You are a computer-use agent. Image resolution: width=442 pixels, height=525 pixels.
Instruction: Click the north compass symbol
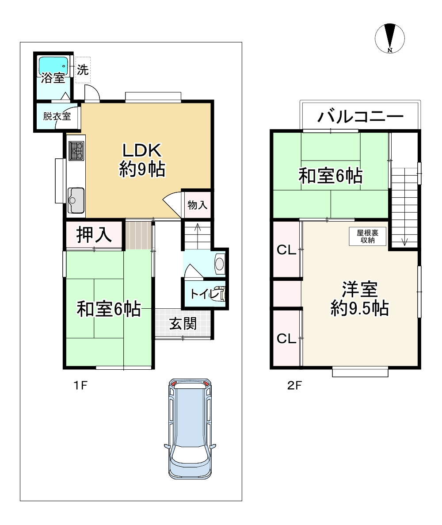click(x=389, y=38)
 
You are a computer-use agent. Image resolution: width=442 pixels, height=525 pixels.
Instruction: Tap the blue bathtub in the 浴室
click(x=53, y=66)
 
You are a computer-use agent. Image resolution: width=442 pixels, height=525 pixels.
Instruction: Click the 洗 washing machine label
click(x=83, y=70)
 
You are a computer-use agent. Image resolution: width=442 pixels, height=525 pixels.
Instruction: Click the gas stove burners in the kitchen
click(x=76, y=150)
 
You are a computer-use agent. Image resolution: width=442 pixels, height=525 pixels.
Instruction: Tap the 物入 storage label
click(x=197, y=205)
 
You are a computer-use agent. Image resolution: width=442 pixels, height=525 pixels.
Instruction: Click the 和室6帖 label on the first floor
click(x=109, y=309)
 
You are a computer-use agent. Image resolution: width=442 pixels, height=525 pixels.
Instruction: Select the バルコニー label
click(x=361, y=117)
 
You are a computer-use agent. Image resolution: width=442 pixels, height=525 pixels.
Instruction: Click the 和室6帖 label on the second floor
click(x=331, y=176)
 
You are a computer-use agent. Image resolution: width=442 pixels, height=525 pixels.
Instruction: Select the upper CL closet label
click(x=286, y=250)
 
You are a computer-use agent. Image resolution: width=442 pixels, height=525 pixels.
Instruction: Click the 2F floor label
click(x=294, y=385)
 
